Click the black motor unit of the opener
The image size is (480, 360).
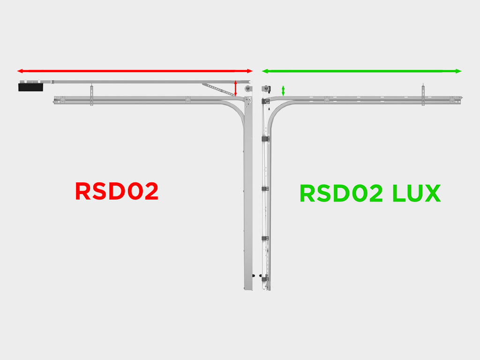(x=30, y=87)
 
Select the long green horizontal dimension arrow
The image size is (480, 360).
(x=361, y=71)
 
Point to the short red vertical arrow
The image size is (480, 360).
(x=235, y=89)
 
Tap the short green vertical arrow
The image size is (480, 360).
(x=283, y=90)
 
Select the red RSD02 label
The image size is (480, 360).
(x=117, y=191)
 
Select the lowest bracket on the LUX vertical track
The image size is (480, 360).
(x=266, y=278)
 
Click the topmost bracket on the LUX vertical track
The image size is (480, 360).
(x=265, y=139)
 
